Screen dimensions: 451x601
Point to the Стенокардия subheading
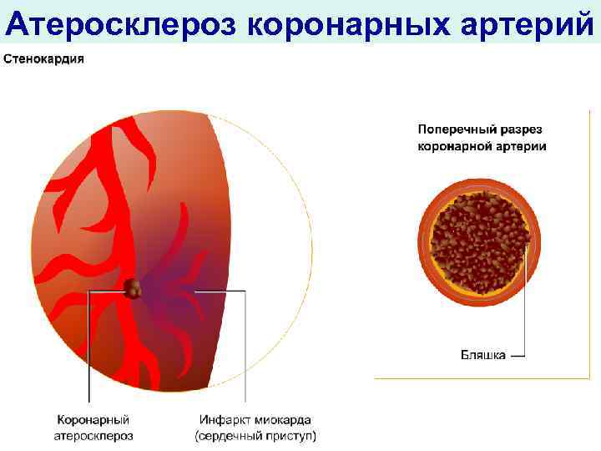[44, 60]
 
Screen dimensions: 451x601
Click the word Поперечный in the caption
[451, 130]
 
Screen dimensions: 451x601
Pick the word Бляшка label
[483, 355]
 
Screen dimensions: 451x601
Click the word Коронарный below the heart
[93, 419]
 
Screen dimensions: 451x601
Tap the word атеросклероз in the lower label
[93, 435]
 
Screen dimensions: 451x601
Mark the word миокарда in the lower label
[284, 419]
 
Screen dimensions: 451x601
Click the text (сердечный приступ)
[255, 435]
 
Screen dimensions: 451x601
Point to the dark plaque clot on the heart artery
[133, 289]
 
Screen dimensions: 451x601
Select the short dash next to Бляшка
[518, 355]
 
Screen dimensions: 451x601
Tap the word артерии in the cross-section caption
[522, 146]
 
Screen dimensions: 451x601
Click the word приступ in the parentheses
[288, 435]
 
